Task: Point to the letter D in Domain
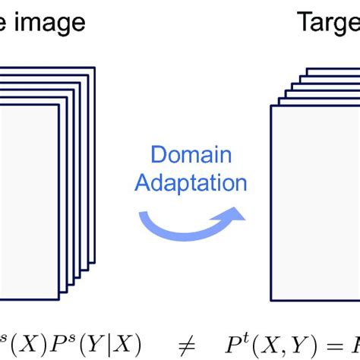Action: [x=158, y=155]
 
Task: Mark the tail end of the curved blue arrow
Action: [x=141, y=216]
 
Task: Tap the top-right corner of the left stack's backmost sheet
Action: [x=95, y=68]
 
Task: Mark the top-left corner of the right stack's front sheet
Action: [x=270, y=106]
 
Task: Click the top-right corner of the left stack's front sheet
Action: [x=58, y=105]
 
